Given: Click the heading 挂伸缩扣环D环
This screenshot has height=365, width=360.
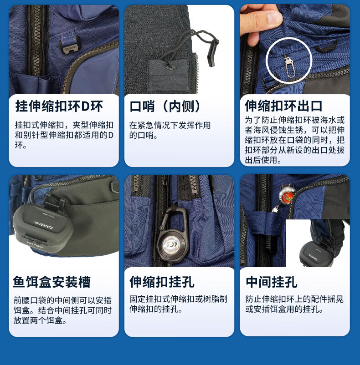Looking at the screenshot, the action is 59,106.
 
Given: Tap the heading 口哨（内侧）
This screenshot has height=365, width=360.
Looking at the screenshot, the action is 165,106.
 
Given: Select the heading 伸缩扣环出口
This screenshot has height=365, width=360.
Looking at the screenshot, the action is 283,106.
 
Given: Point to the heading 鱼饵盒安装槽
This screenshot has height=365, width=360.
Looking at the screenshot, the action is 52,282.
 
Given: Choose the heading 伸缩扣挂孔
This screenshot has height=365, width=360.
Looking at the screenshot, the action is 162,282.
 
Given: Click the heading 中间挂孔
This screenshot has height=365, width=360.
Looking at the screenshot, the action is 272,282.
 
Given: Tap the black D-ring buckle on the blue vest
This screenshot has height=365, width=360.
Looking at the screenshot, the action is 70,46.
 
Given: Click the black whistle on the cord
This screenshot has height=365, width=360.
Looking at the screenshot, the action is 211,52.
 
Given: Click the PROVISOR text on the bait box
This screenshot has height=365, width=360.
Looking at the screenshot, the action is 35,245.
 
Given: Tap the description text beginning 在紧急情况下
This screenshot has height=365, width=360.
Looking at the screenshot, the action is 170,130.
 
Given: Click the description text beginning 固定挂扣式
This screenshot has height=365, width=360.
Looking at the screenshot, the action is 179,304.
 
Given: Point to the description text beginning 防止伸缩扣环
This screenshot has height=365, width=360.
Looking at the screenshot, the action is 294,304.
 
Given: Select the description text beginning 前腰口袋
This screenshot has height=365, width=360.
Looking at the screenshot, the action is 63,310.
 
